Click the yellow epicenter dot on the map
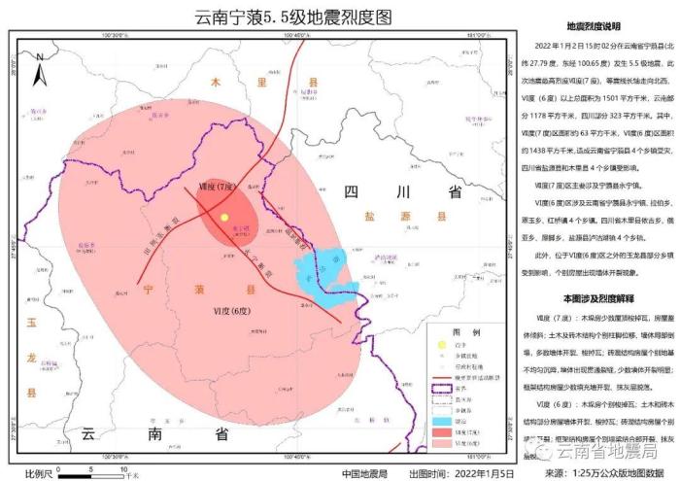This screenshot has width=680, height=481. click(224, 219)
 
